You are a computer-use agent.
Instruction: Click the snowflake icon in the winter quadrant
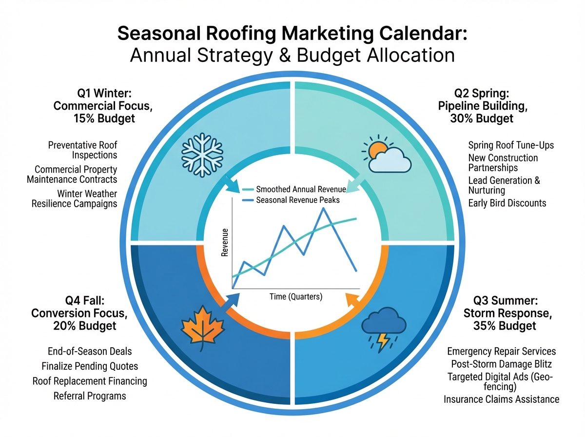(x=202, y=155)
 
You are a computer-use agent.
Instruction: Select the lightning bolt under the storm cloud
(x=383, y=343)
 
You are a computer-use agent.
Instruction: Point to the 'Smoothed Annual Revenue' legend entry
(x=294, y=189)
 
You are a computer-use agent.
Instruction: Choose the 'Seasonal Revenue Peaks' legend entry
(x=291, y=200)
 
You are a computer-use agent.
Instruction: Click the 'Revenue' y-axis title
(x=225, y=242)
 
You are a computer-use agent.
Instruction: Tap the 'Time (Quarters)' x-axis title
(x=296, y=297)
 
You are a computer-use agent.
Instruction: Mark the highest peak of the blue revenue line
(x=324, y=208)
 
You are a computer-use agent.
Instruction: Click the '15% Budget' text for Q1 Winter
(x=104, y=119)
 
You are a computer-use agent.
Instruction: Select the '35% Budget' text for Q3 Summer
(x=505, y=325)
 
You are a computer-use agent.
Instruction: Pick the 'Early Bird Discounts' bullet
(x=507, y=203)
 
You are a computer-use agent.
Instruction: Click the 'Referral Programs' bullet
(x=90, y=396)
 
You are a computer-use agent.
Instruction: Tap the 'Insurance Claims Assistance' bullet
(x=501, y=399)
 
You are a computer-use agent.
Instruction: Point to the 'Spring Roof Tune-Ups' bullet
(x=511, y=145)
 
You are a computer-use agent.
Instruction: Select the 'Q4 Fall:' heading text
(x=85, y=300)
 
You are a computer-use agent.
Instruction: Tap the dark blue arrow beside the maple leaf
(x=231, y=301)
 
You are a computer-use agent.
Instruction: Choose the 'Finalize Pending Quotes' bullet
(x=90, y=366)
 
